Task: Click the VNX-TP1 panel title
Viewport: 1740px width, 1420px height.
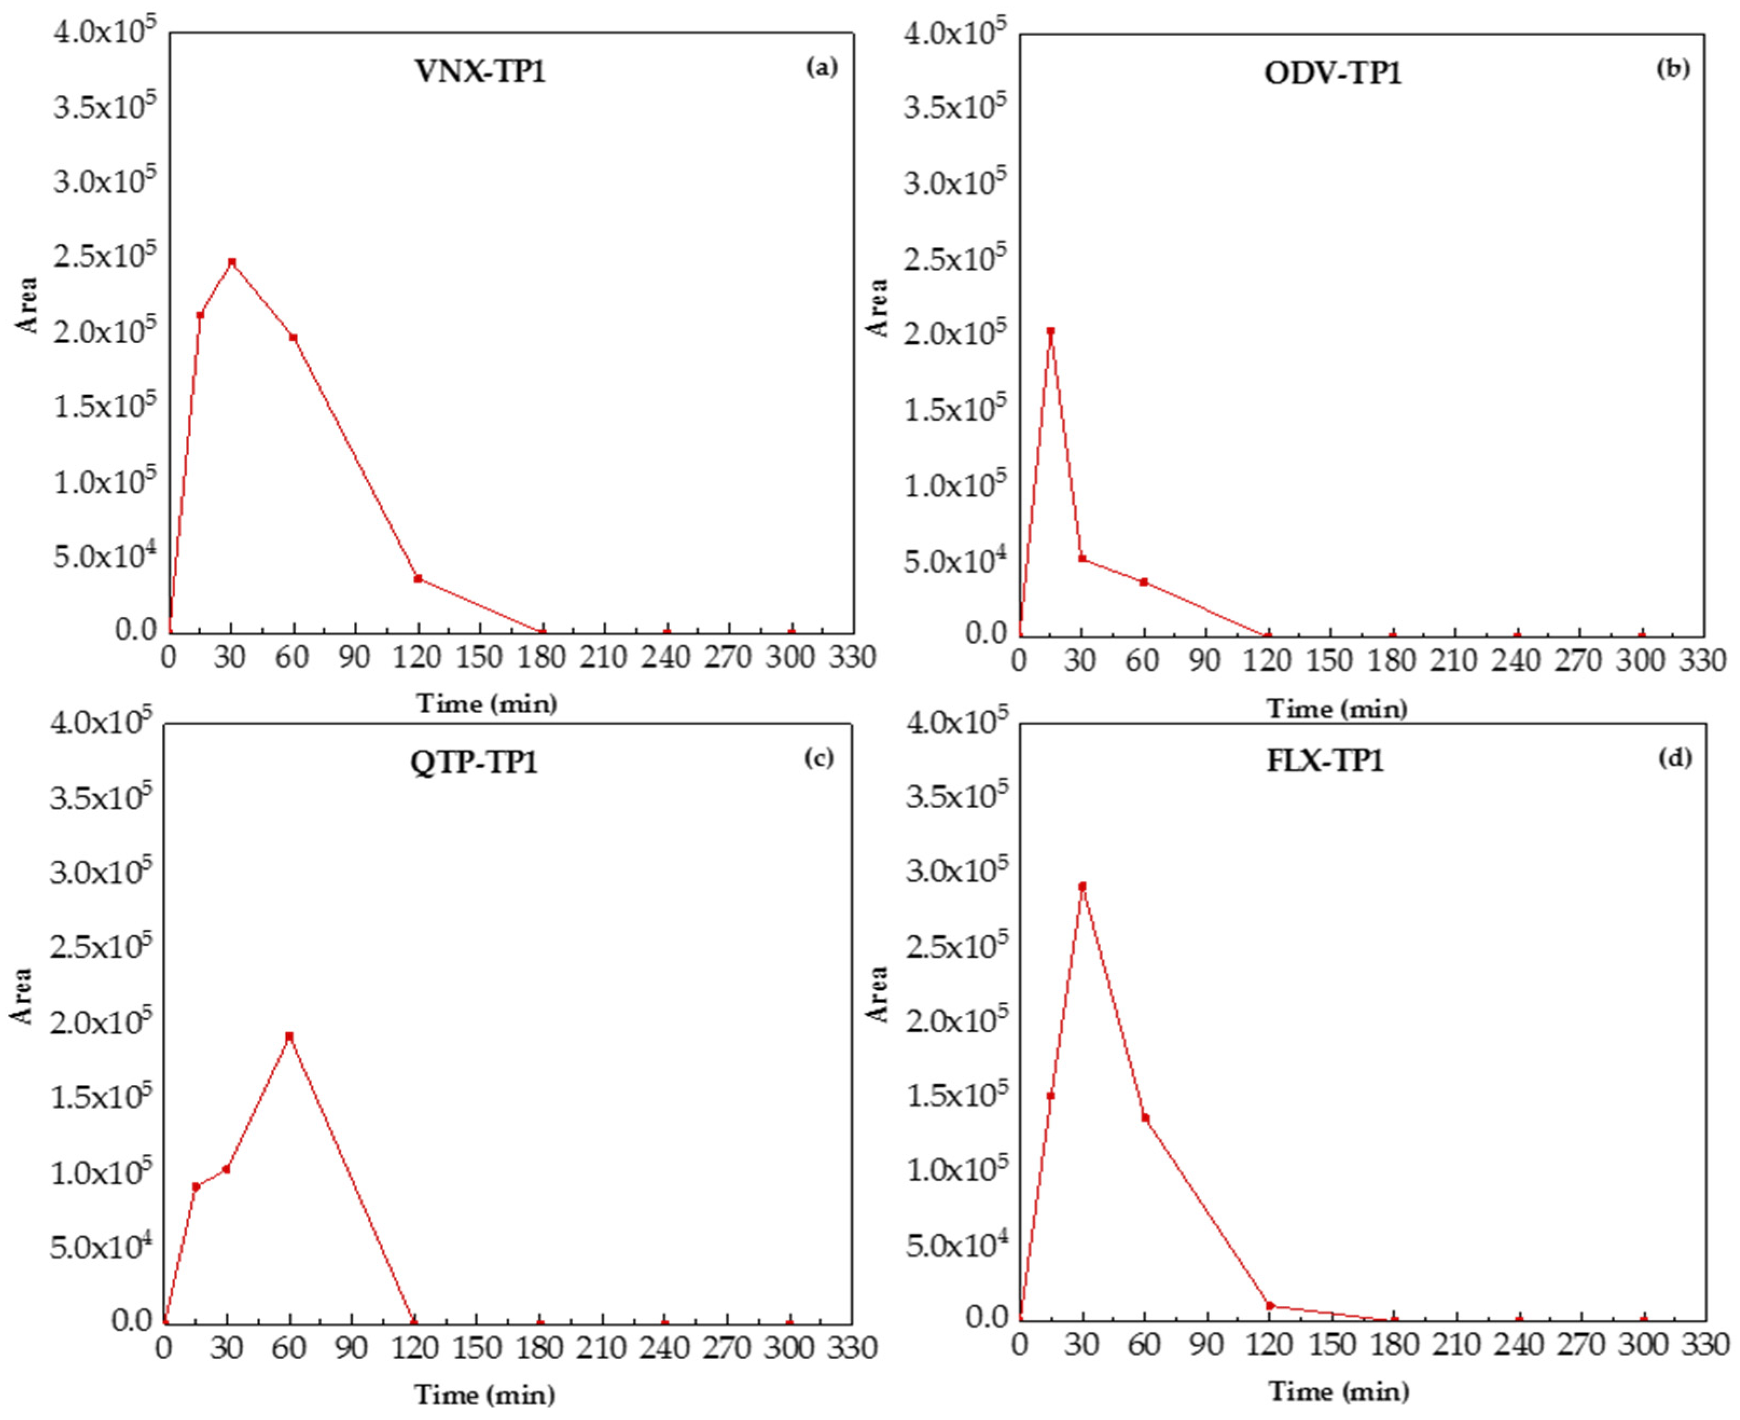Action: (x=480, y=72)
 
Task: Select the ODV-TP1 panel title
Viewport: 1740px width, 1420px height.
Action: (x=1333, y=74)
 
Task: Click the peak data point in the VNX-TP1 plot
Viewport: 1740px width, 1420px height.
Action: (x=232, y=262)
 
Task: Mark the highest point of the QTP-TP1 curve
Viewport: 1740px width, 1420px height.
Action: (x=289, y=1036)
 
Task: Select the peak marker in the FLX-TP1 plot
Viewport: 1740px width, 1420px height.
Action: (x=1082, y=886)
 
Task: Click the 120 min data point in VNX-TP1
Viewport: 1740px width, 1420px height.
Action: (x=418, y=579)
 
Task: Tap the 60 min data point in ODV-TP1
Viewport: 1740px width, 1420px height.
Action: (x=1144, y=582)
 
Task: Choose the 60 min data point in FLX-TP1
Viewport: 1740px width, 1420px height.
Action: (x=1145, y=1117)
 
